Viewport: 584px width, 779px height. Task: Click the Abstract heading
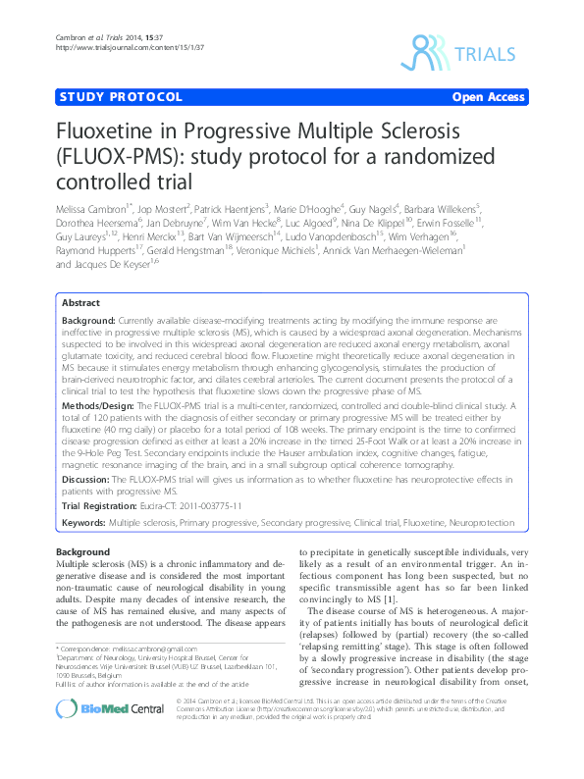click(80, 305)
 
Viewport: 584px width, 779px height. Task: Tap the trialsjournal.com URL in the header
click(116, 46)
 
